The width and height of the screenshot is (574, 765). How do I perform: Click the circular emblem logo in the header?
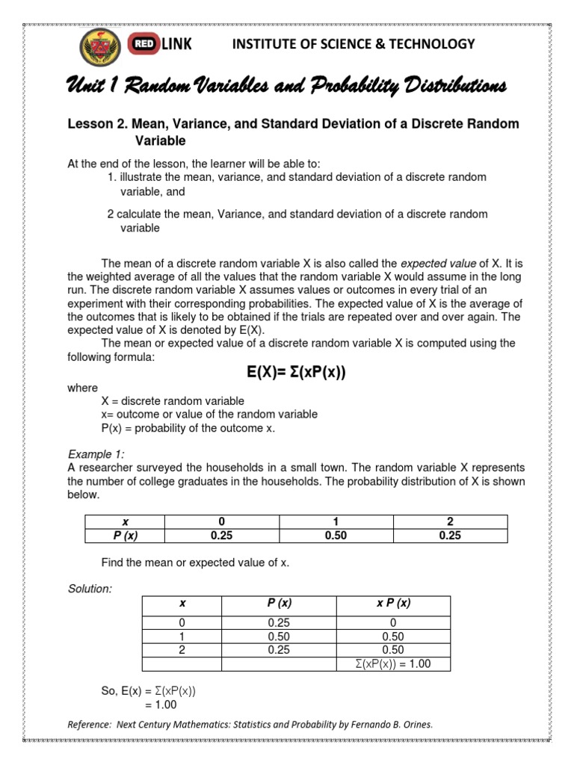click(102, 49)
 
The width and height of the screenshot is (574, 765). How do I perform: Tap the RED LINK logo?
click(161, 45)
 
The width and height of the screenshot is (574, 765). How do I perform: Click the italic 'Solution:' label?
click(90, 589)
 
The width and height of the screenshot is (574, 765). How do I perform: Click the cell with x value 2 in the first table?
click(450, 521)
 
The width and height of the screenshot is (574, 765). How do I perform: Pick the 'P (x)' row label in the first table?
click(122, 534)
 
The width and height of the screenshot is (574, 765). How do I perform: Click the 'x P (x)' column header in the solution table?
click(393, 604)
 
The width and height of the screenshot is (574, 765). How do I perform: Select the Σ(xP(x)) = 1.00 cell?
click(393, 663)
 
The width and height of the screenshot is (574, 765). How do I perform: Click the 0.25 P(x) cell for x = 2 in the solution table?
click(279, 650)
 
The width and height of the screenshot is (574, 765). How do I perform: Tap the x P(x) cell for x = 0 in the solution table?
click(393, 623)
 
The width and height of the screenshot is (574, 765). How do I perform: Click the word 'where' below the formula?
click(82, 388)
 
